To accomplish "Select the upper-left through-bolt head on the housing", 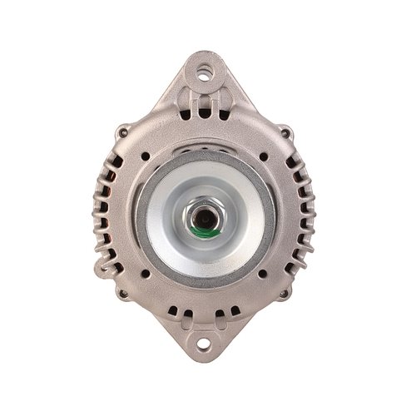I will click(122, 131).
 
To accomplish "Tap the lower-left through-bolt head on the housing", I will click(122, 293).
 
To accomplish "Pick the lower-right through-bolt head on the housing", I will click(285, 293).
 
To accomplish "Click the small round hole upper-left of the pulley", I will click(146, 156).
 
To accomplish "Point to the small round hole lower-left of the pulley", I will click(146, 273).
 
